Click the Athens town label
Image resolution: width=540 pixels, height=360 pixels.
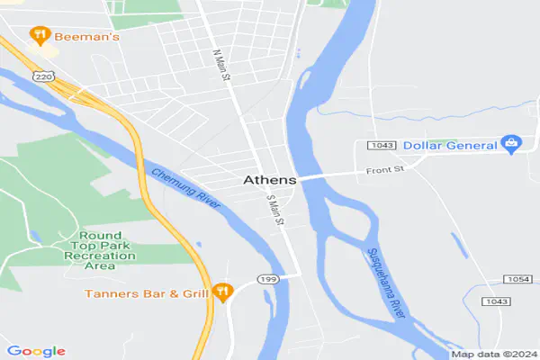point(269,180)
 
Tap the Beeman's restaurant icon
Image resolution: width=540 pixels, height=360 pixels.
point(39,36)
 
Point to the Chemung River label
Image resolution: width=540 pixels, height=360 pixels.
point(186,190)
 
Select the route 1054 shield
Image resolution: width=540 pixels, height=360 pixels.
point(519,281)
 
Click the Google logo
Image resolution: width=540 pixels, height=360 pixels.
point(36,351)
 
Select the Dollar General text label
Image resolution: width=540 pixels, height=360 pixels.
point(449,145)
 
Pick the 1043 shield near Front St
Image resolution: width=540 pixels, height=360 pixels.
point(382,146)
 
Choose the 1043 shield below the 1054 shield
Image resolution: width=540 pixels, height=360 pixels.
point(495,301)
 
